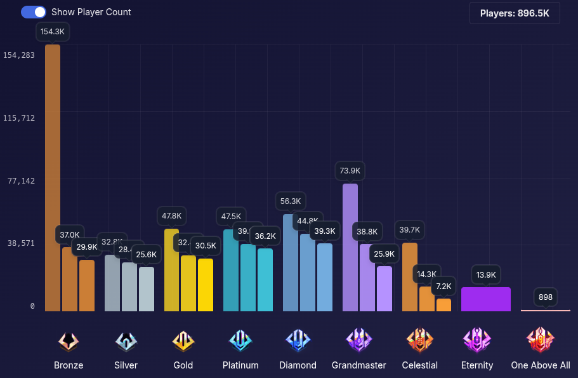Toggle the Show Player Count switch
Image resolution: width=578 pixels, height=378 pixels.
pos(33,12)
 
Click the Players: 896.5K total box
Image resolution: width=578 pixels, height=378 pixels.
pos(515,13)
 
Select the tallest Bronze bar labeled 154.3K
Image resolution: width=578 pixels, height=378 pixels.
pos(53,178)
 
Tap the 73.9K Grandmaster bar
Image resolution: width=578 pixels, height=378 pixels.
pos(350,248)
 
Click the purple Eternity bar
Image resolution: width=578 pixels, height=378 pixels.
pos(486,299)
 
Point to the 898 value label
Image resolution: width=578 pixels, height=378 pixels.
pos(546,297)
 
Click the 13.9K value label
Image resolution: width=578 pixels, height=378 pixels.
pos(486,274)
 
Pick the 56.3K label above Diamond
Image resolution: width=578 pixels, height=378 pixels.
pos(291,201)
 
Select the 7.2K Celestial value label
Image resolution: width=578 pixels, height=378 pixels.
pos(443,286)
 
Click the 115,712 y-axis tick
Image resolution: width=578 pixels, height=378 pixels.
pos(19,118)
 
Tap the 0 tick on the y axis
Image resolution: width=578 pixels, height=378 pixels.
pos(32,306)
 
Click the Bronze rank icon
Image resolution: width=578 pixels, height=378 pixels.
pos(69,341)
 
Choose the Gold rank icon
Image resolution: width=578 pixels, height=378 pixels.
pos(183,341)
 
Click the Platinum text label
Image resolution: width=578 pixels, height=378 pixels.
pos(240,365)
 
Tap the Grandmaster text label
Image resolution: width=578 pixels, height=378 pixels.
pos(358,365)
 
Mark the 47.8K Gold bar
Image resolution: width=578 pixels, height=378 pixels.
pos(171,270)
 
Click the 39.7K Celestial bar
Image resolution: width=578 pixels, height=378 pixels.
pos(410,277)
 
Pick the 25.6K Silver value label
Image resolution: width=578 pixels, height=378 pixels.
pos(146,255)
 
